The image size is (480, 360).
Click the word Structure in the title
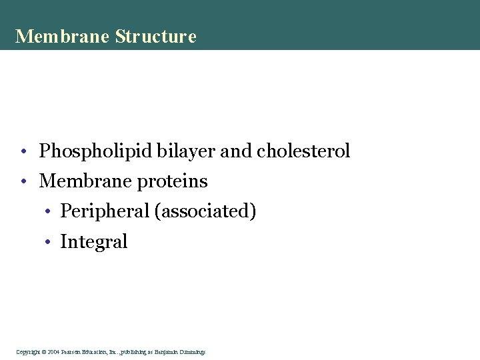point(156,36)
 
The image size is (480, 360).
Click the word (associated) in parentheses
point(205,211)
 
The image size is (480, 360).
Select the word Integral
point(93,241)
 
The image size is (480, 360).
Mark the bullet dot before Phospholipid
point(23,153)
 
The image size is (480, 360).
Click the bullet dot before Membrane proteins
point(23,182)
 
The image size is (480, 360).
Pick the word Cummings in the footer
point(192,351)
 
